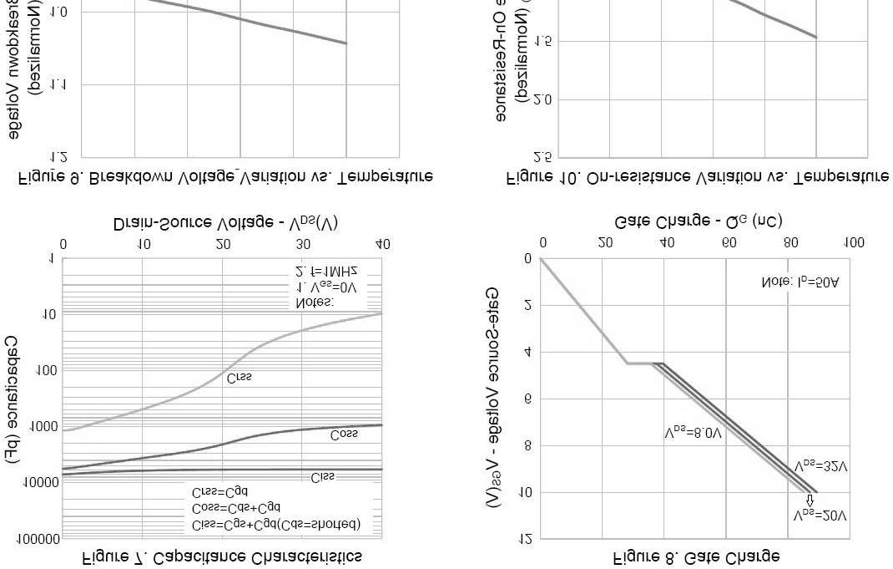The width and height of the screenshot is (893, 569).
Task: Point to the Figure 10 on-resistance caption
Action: [x=697, y=177]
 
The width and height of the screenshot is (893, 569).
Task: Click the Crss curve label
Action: [x=239, y=378]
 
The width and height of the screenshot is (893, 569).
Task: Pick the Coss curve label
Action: [x=344, y=434]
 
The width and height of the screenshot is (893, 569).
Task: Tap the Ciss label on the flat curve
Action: [x=322, y=477]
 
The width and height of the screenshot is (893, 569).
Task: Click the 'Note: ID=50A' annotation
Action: [x=800, y=282]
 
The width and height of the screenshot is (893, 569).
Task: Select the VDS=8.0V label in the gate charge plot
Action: [x=692, y=434]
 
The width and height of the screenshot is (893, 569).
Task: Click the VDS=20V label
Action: [x=820, y=516]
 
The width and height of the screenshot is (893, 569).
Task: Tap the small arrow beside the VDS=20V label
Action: [x=809, y=500]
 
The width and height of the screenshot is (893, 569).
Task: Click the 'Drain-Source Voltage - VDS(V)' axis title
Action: [x=225, y=224]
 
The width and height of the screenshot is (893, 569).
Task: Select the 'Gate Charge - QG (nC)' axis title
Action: [x=698, y=221]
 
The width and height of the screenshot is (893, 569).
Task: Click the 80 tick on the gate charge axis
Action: [x=790, y=243]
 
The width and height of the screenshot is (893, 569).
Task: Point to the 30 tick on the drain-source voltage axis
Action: [x=303, y=244]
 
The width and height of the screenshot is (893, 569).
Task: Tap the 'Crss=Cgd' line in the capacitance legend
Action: [x=219, y=492]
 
